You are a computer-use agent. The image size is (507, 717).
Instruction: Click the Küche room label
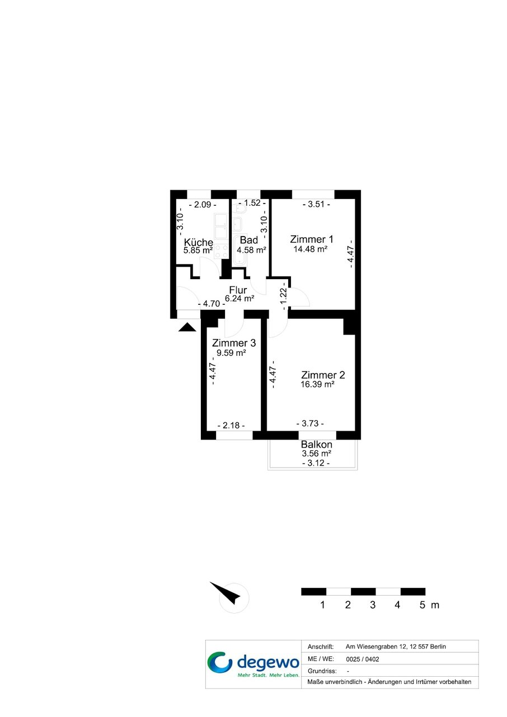tap(198, 242)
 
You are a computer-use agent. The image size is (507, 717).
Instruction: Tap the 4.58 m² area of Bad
tap(251, 249)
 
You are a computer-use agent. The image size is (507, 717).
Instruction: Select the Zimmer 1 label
tap(311, 239)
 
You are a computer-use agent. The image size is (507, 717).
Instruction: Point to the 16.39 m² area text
tap(317, 384)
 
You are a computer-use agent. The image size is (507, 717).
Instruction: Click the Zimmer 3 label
tap(234, 343)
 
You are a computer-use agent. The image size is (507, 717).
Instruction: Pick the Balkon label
tap(316, 445)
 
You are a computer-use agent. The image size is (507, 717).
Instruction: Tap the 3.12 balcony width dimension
tap(316, 463)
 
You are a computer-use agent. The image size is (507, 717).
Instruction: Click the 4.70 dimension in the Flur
tap(212, 304)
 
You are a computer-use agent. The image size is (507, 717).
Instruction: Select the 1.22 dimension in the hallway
tap(283, 296)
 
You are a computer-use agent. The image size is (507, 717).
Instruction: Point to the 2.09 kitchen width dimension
tap(203, 205)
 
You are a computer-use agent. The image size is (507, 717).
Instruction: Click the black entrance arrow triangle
tap(187, 327)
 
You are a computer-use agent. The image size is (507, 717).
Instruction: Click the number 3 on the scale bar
tap(373, 605)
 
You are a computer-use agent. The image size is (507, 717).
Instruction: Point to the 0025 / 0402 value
tap(363, 659)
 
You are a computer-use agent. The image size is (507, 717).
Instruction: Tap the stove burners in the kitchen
tap(221, 252)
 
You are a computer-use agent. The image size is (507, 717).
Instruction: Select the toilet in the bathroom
tap(240, 209)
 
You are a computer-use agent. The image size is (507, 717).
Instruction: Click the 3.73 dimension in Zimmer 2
tap(310, 423)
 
